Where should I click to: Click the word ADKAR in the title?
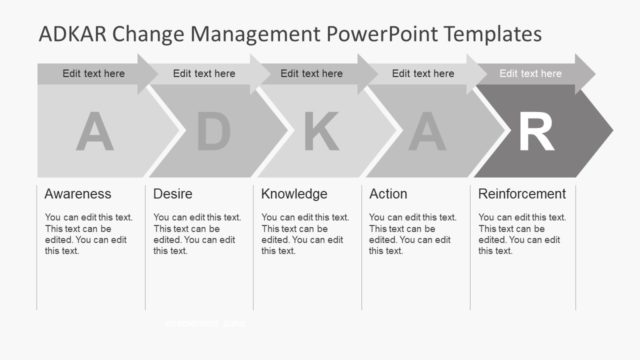coord(72,34)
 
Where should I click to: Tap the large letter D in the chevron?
coord(213,132)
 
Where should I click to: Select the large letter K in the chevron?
coord(320,132)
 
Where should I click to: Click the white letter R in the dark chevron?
coord(535,132)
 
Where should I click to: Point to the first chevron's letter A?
coord(94,132)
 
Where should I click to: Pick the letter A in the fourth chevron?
coord(426,132)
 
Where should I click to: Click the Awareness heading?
coord(78,194)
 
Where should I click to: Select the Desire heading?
coord(173,194)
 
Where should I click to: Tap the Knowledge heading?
coord(294,194)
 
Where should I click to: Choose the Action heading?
coord(388,194)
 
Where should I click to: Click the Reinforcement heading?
coord(522,194)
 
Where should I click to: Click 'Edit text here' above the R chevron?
coord(530,73)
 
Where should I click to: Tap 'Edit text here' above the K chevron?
coord(311,73)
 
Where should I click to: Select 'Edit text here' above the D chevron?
coord(204,73)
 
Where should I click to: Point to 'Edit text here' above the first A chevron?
coord(94,73)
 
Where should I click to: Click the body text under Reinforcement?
coord(522,234)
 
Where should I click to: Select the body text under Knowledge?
coord(305,234)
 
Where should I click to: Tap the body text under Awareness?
coord(88,234)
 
